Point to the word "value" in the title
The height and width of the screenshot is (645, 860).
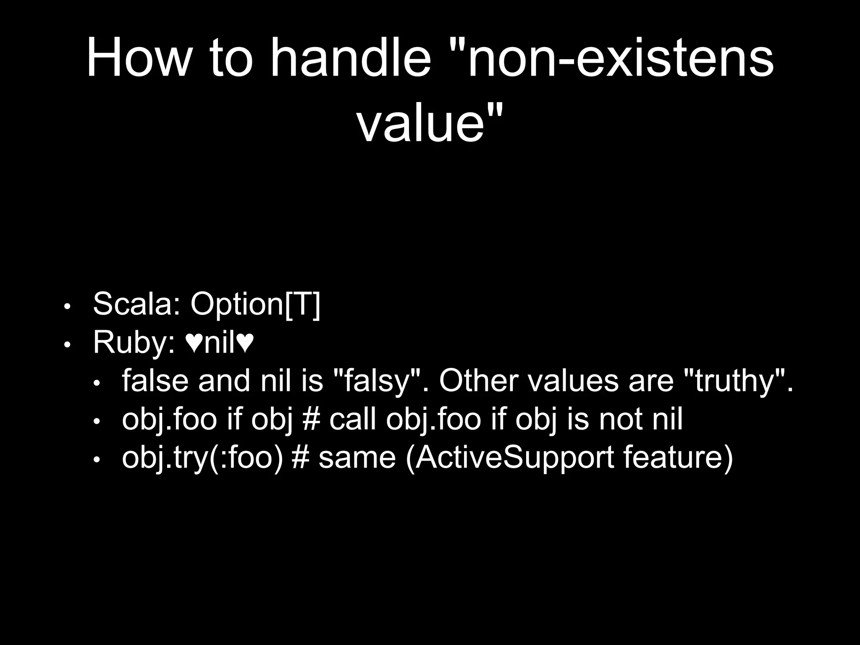tap(420, 124)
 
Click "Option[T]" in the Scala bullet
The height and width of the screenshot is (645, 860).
tap(255, 304)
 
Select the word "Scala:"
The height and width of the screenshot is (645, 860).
tap(137, 304)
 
